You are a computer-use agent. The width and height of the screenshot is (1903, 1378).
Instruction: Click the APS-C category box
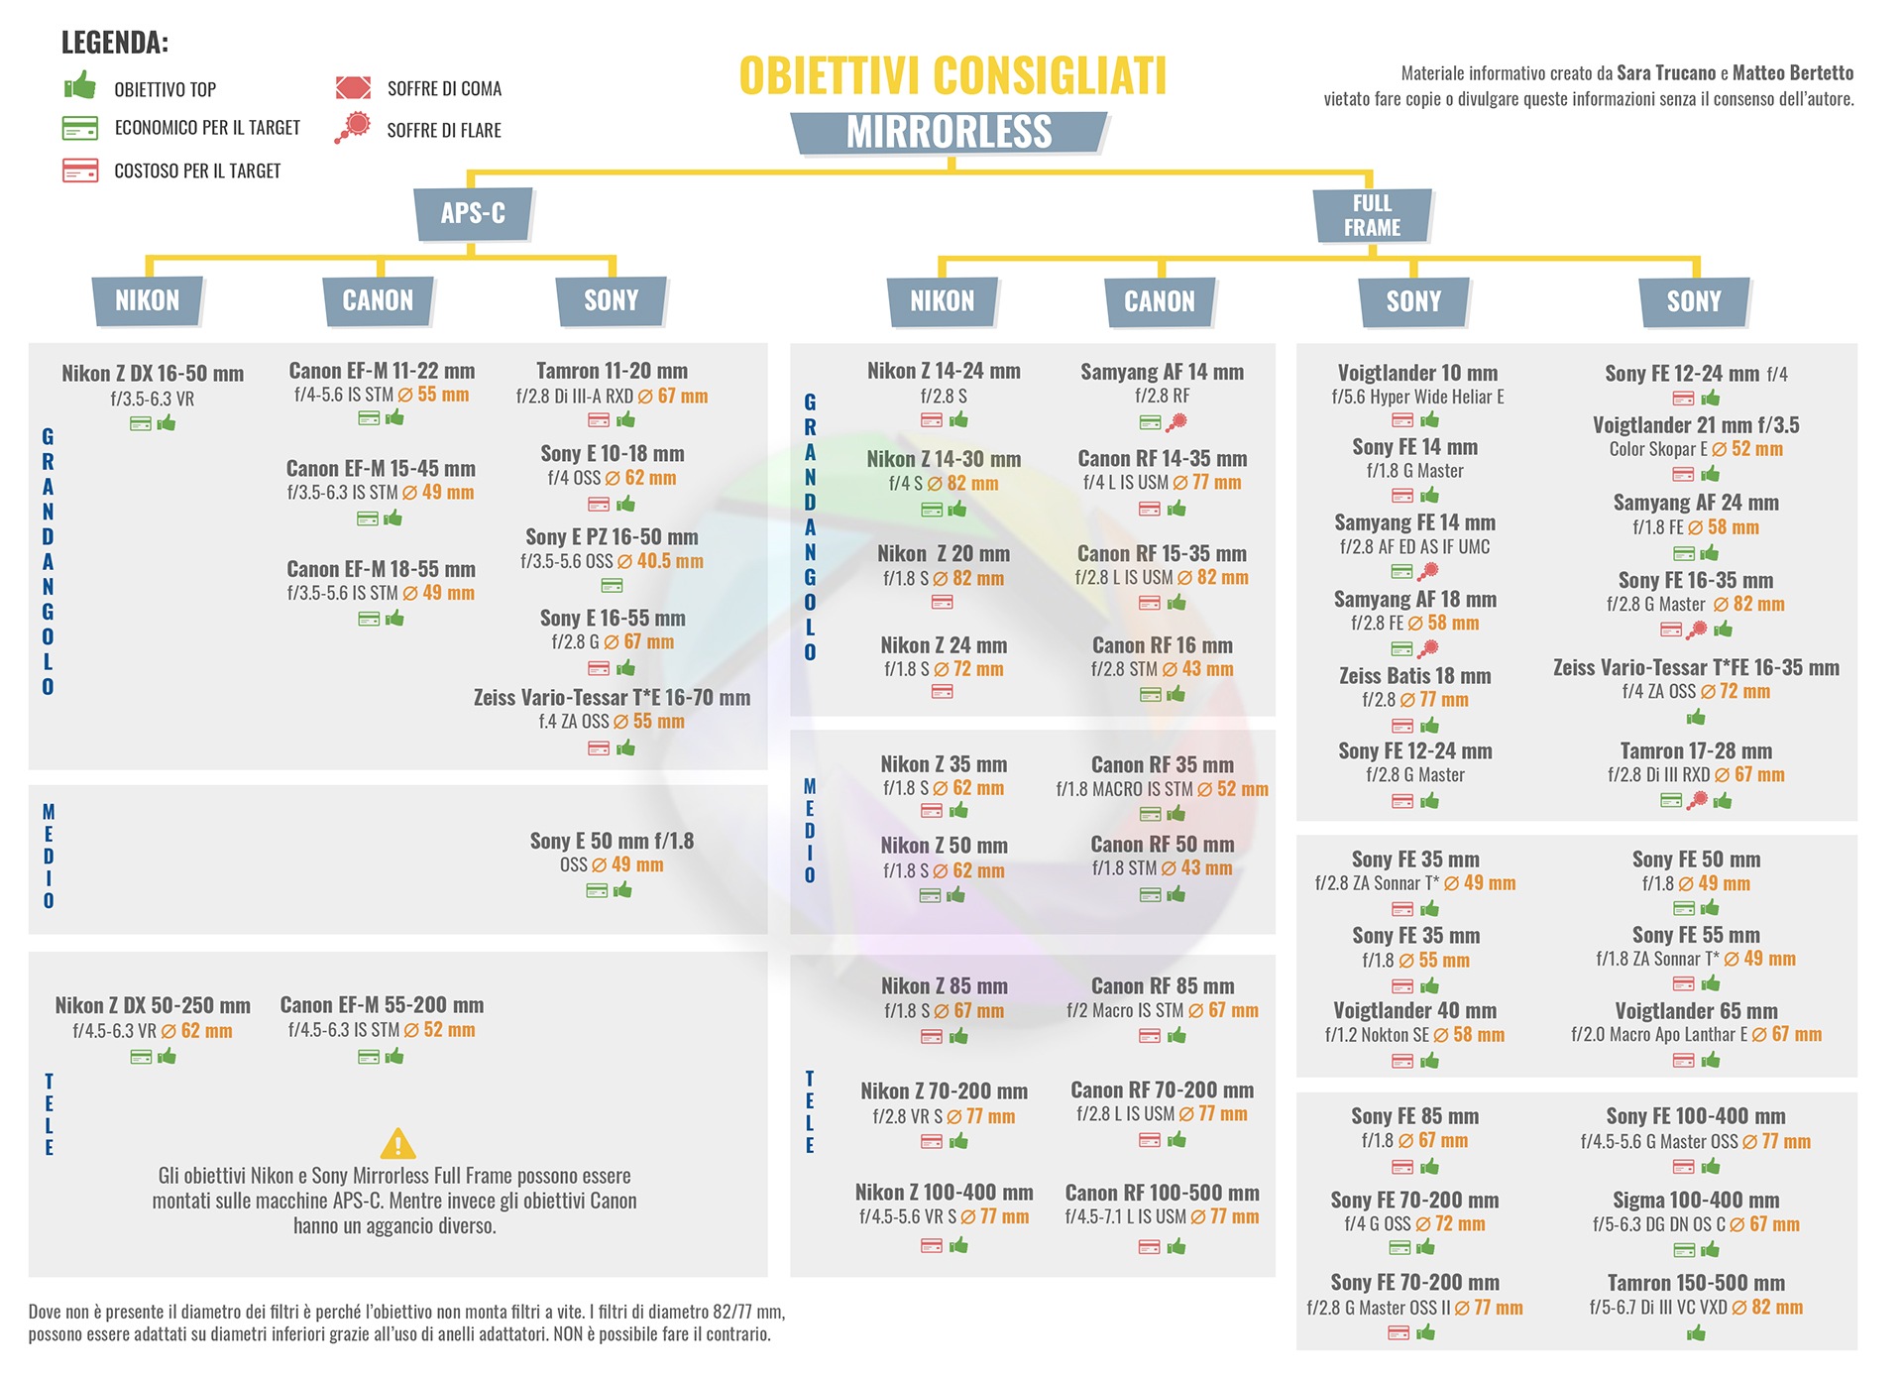click(x=473, y=213)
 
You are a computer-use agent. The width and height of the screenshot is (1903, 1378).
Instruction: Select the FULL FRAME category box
click(x=1372, y=215)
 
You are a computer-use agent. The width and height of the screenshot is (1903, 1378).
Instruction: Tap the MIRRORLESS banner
click(x=949, y=132)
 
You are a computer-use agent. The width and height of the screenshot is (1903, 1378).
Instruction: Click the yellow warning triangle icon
click(x=397, y=1144)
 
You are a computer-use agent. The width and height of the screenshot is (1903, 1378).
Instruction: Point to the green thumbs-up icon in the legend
click(x=80, y=85)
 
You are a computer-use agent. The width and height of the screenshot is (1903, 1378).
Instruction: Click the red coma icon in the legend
click(x=353, y=87)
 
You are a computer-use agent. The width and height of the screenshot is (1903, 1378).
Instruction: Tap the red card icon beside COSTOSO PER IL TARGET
click(x=80, y=171)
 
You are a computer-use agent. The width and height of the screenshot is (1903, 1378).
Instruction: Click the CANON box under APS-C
click(x=378, y=300)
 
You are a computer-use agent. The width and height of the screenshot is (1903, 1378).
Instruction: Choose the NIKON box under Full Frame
click(x=942, y=301)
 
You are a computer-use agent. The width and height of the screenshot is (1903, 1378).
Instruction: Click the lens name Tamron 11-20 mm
click(x=612, y=371)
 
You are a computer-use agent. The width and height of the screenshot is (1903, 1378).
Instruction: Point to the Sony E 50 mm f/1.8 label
click(x=612, y=841)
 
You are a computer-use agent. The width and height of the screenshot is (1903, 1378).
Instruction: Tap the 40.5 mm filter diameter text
click(x=669, y=561)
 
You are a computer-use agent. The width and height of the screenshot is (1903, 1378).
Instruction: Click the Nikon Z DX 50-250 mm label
click(x=153, y=1005)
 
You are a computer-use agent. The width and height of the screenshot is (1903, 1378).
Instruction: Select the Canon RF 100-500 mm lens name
click(x=1162, y=1193)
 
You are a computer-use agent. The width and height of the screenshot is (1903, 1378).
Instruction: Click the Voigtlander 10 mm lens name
click(x=1417, y=373)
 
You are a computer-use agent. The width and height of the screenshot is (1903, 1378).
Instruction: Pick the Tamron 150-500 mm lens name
click(x=1696, y=1283)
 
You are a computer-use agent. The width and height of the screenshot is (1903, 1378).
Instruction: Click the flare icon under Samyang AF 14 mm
click(x=1176, y=422)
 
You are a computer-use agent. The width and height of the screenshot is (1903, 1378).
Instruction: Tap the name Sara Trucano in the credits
click(x=1665, y=72)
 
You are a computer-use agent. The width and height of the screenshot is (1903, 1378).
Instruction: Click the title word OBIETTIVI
click(x=829, y=76)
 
